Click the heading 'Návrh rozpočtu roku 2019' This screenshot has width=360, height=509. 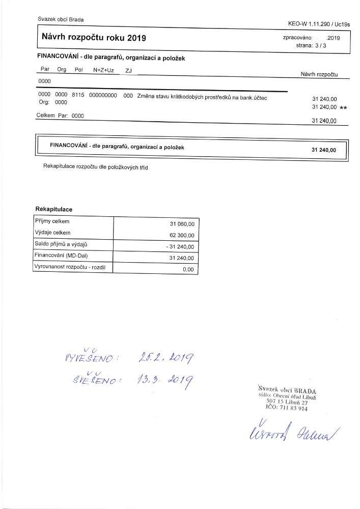94,38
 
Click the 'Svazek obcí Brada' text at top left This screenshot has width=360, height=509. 61,19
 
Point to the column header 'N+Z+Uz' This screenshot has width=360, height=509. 103,70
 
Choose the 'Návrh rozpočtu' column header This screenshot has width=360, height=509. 320,74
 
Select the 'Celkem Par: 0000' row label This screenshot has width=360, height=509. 60,116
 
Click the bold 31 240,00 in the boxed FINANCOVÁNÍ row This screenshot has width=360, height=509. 323,150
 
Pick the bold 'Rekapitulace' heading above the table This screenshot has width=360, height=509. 53,210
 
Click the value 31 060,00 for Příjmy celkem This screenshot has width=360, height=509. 182,223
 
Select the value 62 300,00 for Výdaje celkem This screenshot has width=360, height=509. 182,236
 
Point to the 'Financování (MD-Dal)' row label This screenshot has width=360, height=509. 58,255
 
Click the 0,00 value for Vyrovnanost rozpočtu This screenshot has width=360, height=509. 188,270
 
